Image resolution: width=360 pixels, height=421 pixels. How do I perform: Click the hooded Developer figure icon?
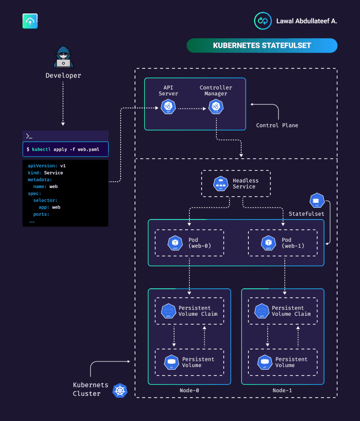[x=63, y=57]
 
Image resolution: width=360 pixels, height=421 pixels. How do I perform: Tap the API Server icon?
[x=168, y=107]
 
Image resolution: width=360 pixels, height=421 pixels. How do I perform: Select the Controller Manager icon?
[x=216, y=107]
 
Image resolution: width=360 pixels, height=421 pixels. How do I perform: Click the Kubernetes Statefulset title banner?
[x=262, y=45]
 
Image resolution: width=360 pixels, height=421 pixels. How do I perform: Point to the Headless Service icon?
[x=221, y=184]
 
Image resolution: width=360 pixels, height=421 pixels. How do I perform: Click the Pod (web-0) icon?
[x=175, y=243]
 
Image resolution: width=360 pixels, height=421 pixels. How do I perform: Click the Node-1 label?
[x=282, y=390]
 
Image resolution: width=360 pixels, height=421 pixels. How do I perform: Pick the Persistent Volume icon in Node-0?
[x=171, y=362]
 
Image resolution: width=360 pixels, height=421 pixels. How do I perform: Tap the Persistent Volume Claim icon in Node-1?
[x=261, y=311]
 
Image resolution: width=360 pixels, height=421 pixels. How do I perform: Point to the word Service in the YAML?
[x=53, y=173]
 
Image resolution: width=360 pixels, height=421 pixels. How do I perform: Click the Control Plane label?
[x=277, y=125]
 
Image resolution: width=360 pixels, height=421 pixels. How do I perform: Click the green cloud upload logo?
[x=30, y=21]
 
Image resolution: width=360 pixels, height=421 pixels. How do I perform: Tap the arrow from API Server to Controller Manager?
[x=192, y=108]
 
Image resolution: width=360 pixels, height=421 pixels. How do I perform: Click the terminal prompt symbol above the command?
[x=29, y=136]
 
